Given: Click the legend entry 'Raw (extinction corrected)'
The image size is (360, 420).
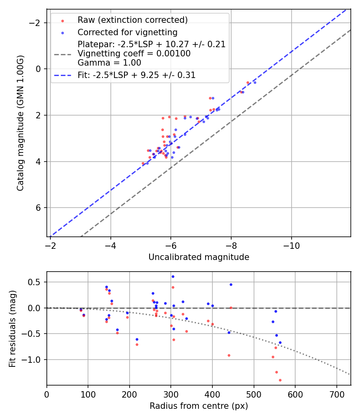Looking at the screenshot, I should [x=132, y=20].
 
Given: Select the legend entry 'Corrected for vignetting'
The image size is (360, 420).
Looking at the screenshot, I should [x=127, y=32].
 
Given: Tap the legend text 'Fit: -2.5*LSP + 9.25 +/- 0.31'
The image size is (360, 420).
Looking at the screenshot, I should [x=136, y=75].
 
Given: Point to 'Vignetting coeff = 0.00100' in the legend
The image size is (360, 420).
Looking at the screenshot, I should [x=134, y=54].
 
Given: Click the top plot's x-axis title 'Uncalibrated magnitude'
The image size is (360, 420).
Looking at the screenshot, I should [x=199, y=257].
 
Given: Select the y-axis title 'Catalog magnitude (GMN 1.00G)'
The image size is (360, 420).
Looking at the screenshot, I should [x=20, y=123].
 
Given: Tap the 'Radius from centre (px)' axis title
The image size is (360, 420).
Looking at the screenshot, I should [x=199, y=406].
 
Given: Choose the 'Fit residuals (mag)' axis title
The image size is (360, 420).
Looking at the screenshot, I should [x=12, y=328].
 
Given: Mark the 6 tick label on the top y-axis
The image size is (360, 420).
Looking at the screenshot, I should [x=39, y=208].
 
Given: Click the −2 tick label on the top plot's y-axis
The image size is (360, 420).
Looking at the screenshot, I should [x=36, y=23].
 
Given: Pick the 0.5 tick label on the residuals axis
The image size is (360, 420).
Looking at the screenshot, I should [x=35, y=282].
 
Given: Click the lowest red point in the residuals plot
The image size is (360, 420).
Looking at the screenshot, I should [x=280, y=380].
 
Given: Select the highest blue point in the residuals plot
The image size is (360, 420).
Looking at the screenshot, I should [x=173, y=276].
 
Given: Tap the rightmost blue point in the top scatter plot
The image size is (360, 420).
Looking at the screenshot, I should [x=255, y=82].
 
